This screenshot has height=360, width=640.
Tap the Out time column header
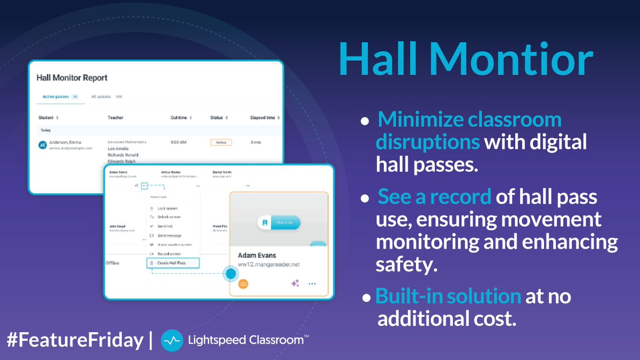click(181, 117)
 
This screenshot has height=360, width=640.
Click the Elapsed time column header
click(265, 117)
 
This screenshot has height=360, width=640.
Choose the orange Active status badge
click(220, 142)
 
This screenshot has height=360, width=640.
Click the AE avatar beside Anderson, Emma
click(43, 145)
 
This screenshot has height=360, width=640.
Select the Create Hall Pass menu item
click(173, 263)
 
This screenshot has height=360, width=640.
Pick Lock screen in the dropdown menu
click(167, 209)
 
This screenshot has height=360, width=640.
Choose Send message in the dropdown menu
click(169, 235)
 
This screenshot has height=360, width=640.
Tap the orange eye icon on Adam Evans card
click(243, 284)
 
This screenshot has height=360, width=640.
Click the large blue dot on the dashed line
click(230, 274)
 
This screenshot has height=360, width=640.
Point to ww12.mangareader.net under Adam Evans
click(269, 264)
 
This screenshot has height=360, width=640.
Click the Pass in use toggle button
click(279, 223)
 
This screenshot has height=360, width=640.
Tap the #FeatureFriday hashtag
click(75, 340)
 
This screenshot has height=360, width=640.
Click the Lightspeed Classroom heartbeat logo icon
click(172, 340)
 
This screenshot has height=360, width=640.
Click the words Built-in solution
click(448, 297)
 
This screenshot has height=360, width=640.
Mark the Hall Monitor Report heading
click(72, 78)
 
